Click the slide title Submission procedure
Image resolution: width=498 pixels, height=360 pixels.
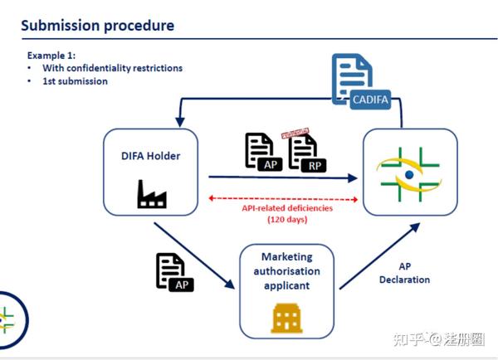point(97,26)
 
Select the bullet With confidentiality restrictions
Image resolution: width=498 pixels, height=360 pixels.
point(112,68)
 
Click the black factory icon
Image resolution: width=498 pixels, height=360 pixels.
point(151,195)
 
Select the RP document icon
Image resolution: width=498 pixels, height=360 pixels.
point(305,153)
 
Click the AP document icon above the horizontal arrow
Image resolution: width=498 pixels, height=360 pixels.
point(261,151)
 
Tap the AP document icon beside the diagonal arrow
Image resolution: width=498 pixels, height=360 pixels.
point(175,271)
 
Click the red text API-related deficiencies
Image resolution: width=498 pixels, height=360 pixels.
point(288,208)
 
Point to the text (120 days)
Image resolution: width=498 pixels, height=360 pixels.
point(288,220)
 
